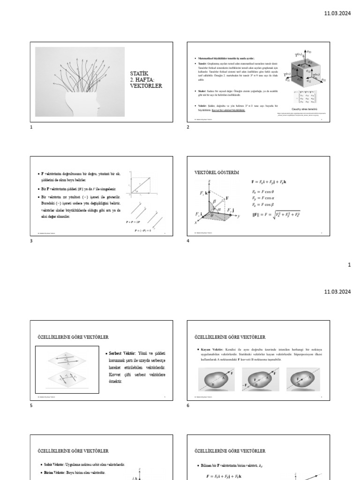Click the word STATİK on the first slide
pos(137,74)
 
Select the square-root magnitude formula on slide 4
pos(277,215)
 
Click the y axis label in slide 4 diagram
pos(239,216)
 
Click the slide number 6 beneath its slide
pos(188,405)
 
